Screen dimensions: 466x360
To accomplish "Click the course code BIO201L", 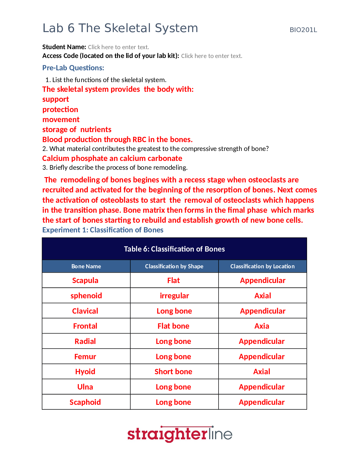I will (x=303, y=30).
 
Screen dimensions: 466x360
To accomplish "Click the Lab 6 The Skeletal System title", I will (x=120, y=28).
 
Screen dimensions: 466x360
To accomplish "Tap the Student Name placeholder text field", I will (x=119, y=47).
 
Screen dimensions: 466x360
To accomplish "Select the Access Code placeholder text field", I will (x=211, y=56).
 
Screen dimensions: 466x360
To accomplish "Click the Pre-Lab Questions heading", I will (x=73, y=68).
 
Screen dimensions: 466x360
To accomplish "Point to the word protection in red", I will (x=60, y=109).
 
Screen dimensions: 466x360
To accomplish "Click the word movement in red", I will (x=61, y=119).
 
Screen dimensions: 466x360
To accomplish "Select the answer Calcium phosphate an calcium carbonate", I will (x=112, y=158).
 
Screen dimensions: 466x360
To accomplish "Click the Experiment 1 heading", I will (x=103, y=230).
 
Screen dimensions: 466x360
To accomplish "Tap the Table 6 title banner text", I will (x=174, y=249).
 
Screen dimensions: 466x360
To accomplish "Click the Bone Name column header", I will (x=86, y=266).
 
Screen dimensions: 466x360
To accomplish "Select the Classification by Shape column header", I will (x=174, y=266).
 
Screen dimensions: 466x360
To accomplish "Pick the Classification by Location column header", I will (x=262, y=266).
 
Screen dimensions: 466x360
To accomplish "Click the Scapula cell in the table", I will (x=85, y=280).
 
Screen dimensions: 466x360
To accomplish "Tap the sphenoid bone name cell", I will (x=86, y=296).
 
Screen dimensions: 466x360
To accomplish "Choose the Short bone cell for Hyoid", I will (x=174, y=372).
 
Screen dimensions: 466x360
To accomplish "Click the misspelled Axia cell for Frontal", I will (x=262, y=326).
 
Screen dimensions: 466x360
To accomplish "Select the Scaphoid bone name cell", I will (x=85, y=402).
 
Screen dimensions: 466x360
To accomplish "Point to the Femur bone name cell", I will (x=85, y=357).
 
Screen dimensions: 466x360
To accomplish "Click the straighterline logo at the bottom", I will (x=180, y=434).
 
